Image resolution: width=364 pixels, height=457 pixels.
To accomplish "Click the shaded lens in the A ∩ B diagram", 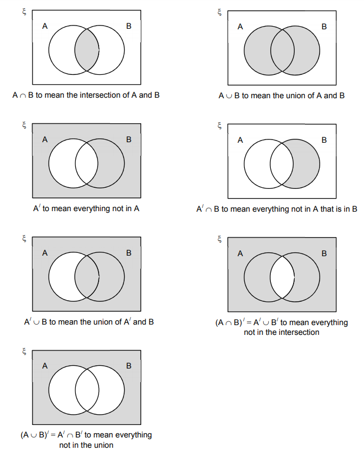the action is [87, 50].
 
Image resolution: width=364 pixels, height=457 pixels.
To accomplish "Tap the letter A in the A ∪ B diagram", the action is [240, 27].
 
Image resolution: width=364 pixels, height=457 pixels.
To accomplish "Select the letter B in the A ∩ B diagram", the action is [128, 26].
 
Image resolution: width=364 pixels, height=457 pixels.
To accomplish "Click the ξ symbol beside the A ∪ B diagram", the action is [220, 12].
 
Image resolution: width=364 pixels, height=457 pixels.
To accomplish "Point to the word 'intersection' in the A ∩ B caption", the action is [105, 95].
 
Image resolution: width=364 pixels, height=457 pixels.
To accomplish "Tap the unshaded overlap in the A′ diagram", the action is [87, 163].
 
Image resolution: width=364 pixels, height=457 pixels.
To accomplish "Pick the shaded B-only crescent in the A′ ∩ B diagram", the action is [306, 163].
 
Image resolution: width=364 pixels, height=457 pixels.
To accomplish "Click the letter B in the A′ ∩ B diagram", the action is [324, 140].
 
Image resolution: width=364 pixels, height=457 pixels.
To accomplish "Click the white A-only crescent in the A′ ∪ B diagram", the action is [62, 277].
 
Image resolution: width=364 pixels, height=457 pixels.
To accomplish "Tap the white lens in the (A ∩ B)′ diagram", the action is [282, 277].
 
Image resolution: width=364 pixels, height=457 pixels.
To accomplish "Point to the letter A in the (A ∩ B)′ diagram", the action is [240, 253].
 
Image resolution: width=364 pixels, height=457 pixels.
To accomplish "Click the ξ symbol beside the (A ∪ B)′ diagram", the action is [24, 352].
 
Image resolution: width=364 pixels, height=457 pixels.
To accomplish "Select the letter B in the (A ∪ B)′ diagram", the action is [128, 366].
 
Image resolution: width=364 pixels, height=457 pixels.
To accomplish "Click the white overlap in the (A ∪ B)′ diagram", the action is [87, 390].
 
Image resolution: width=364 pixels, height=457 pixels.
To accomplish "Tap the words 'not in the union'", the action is [86, 446].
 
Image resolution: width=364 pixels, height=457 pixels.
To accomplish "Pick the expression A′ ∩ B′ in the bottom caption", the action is [70, 435].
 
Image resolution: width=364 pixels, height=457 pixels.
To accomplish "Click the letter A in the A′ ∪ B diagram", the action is [45, 253].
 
